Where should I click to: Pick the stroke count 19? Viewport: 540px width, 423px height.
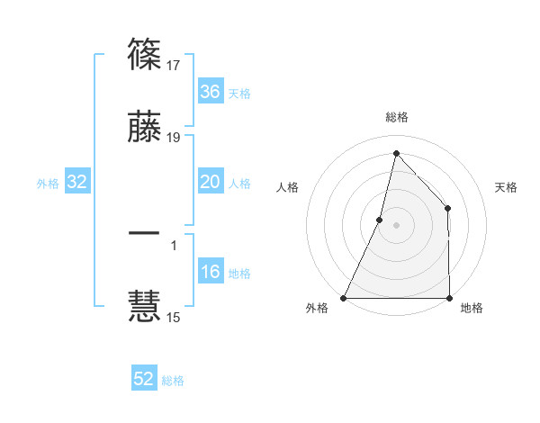(x=175, y=137)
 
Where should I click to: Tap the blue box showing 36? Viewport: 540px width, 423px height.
(x=210, y=92)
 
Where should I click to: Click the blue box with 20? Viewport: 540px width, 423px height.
(x=210, y=183)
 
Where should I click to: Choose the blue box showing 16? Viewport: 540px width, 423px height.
(x=210, y=273)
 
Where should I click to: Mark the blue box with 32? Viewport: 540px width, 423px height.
(x=76, y=183)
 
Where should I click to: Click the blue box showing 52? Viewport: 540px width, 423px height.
(x=144, y=379)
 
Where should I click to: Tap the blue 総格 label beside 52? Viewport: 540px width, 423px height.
(x=173, y=381)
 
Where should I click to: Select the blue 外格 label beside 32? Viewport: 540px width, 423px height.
(x=48, y=184)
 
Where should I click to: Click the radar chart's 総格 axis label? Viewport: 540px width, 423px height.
(x=396, y=117)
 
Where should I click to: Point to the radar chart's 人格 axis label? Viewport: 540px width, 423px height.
(x=287, y=187)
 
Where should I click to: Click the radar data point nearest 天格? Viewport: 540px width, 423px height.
(x=447, y=208)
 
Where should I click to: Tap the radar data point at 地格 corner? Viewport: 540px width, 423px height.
(x=449, y=297)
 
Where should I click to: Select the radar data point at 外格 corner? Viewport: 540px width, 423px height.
(x=344, y=297)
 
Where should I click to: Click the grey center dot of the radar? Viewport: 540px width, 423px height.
(x=396, y=224)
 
